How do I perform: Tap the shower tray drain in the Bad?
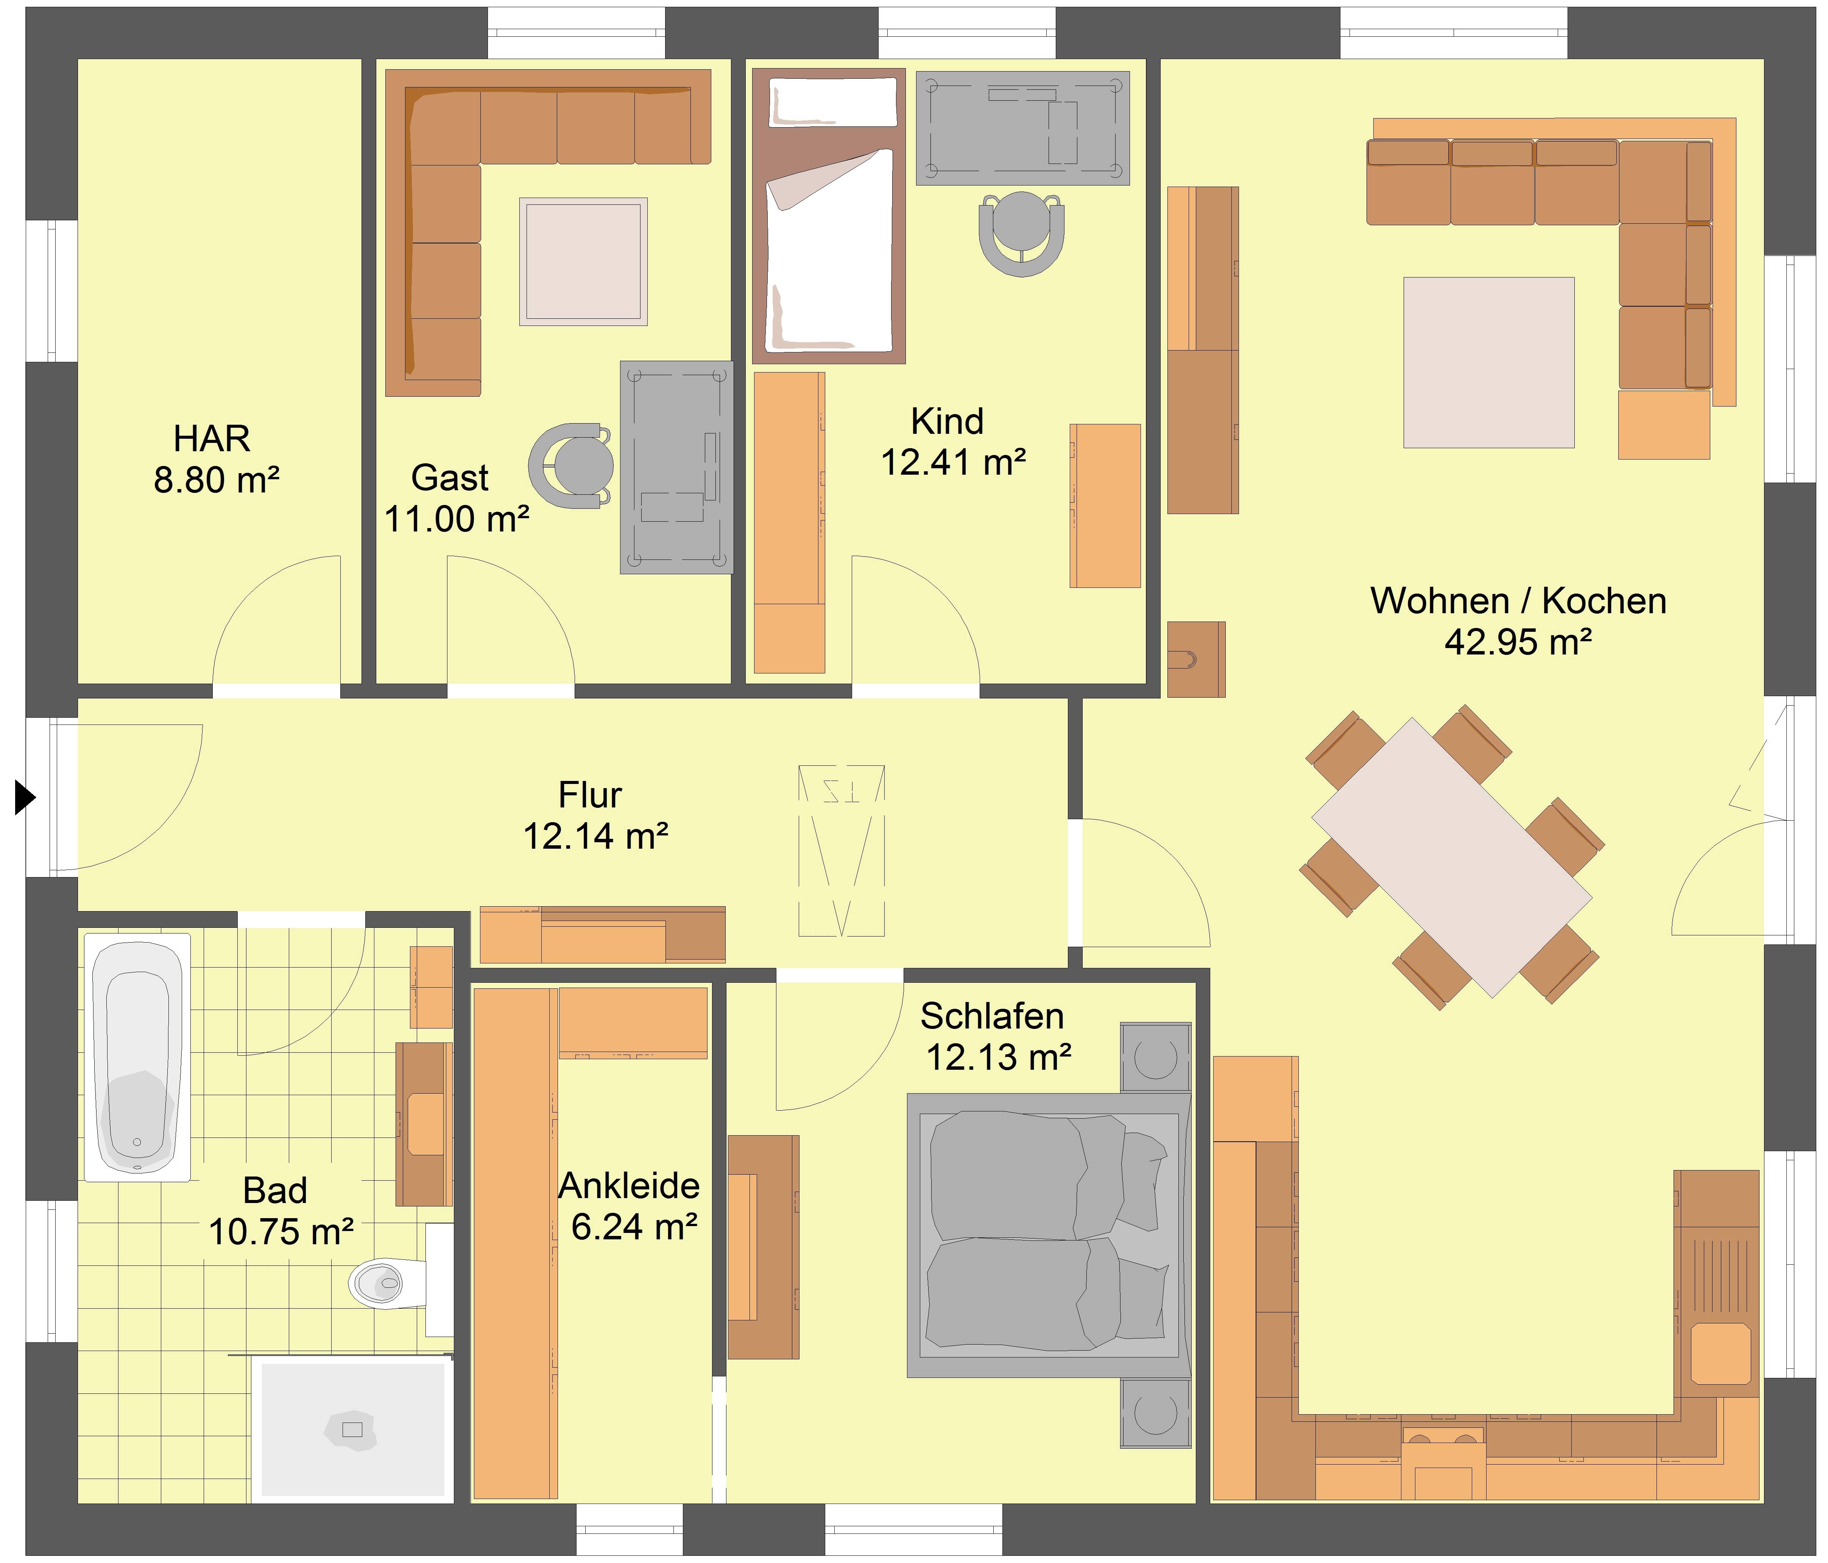[x=352, y=1430]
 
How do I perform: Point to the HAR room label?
[x=212, y=438]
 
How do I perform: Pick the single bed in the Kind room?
[x=828, y=216]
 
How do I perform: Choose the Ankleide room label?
[x=629, y=1186]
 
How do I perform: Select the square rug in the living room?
[x=1489, y=363]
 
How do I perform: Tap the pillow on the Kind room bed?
[x=833, y=101]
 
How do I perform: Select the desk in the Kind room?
[x=1022, y=128]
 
